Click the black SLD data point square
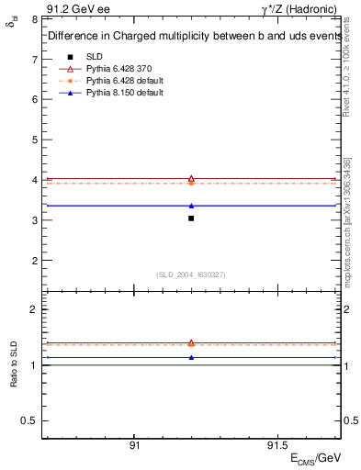pyautogui.click(x=191, y=218)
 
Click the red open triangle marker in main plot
pyautogui.click(x=191, y=179)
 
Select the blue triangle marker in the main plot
pyautogui.click(x=191, y=206)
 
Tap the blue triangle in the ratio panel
pyautogui.click(x=191, y=357)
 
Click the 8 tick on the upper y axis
pyautogui.click(x=33, y=19)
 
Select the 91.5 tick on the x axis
pyautogui.click(x=274, y=444)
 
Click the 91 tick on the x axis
pyautogui.click(x=134, y=444)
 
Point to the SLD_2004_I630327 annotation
pyautogui.click(x=191, y=274)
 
